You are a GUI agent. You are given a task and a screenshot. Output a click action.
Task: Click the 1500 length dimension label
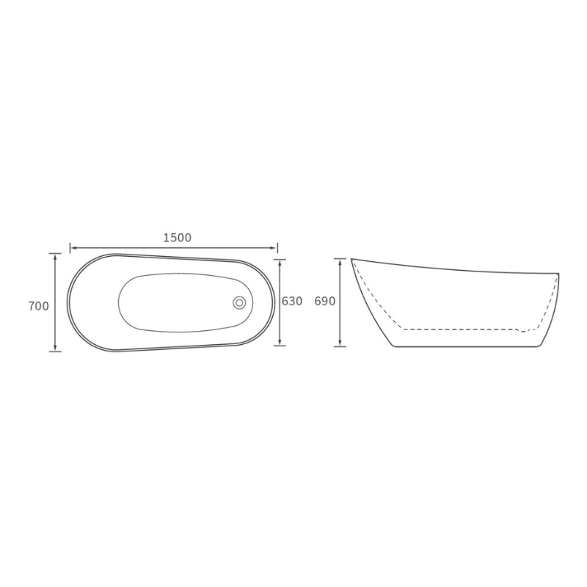pos(177,238)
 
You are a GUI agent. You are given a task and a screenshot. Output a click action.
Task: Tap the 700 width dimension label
pos(39,306)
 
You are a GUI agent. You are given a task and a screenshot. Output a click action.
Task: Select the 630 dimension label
pos(291,301)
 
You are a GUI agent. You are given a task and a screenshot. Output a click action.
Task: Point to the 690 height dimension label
pos(324,301)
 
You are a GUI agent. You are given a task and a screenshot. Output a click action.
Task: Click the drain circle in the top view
pos(239,302)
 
